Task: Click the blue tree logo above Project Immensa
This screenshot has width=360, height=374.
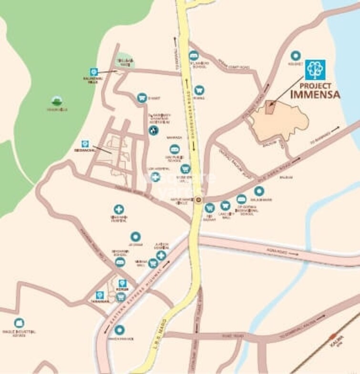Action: coord(315,70)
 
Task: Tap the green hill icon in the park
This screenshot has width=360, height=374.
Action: coord(57,101)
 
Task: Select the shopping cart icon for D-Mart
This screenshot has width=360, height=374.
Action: coord(142,98)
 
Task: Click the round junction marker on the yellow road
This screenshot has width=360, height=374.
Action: coord(198,200)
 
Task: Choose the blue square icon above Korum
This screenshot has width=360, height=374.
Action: coord(122,283)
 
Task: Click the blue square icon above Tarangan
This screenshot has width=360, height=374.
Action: coord(100,295)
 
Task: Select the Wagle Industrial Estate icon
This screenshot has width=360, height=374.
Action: coord(19,323)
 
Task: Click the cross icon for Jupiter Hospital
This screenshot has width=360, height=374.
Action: coord(161,255)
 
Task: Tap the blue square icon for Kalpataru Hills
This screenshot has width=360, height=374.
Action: coord(93,71)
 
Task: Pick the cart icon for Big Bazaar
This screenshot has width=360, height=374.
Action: coord(209,208)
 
